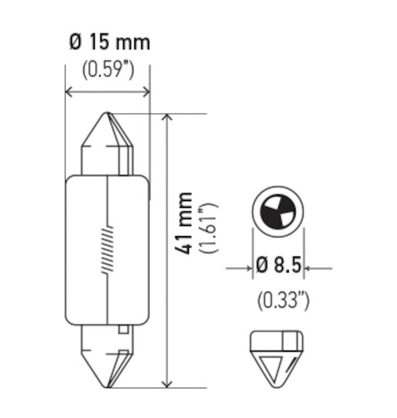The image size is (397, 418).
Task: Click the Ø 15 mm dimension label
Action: [109, 41]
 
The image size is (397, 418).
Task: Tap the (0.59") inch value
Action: [108, 70]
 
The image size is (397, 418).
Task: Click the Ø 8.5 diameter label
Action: [279, 266]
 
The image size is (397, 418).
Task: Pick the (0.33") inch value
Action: [283, 300]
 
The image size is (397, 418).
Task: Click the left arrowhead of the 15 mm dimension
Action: [69, 92]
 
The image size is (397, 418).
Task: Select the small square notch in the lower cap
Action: [123, 329]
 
